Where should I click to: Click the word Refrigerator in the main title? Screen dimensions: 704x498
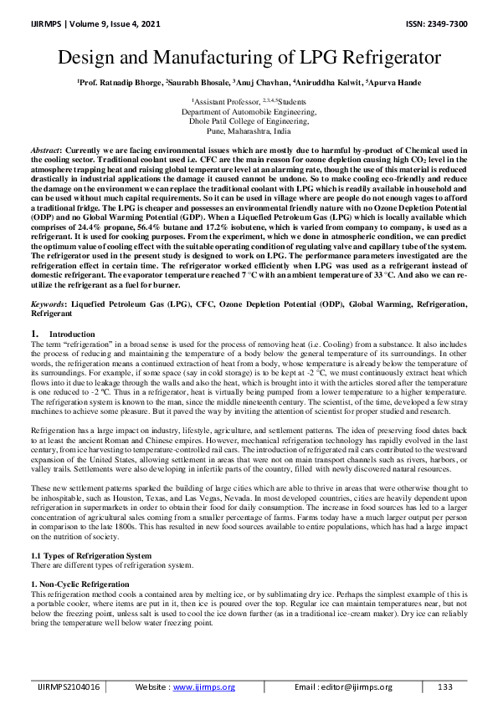(388, 59)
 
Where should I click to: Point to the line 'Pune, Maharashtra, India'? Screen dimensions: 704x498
(249, 131)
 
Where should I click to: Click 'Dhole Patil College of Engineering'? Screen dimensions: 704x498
(249, 121)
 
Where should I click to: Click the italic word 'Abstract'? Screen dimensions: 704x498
(45, 147)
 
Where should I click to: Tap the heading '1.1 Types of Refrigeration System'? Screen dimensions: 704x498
(91, 555)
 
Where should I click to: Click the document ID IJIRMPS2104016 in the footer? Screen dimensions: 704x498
(67, 686)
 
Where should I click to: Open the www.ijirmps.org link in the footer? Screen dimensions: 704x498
(204, 686)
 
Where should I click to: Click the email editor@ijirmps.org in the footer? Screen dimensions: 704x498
(360, 686)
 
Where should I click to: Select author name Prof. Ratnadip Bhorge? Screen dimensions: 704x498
(118, 82)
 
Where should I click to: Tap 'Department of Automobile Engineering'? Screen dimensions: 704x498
(249, 110)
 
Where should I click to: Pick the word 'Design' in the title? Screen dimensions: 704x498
(92, 59)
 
